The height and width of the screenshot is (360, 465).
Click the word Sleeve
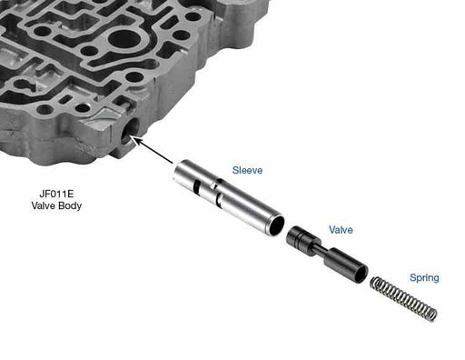248,170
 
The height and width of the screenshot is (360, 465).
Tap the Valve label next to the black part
341,230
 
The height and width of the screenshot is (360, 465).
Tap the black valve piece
328,256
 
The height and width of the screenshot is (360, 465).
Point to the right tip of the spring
432,315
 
